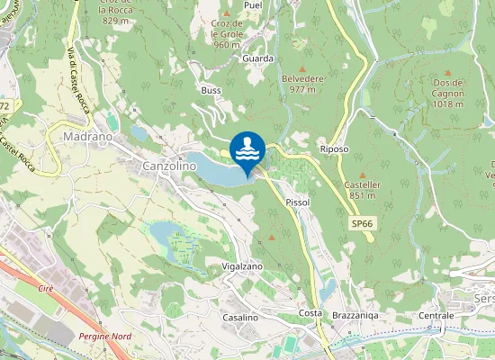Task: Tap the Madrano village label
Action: pyautogui.click(x=87, y=137)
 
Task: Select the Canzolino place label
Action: pyautogui.click(x=169, y=166)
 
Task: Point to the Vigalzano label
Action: pyautogui.click(x=242, y=267)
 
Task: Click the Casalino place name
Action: pyautogui.click(x=240, y=319)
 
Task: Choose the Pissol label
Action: pyautogui.click(x=297, y=202)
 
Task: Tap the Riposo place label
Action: pyautogui.click(x=334, y=148)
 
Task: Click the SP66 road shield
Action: pyautogui.click(x=362, y=222)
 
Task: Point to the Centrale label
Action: pyautogui.click(x=436, y=316)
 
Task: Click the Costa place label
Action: pyautogui.click(x=310, y=312)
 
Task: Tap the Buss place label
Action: pyautogui.click(x=211, y=91)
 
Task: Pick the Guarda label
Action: pyautogui.click(x=258, y=58)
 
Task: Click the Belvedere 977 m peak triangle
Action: pyautogui.click(x=302, y=68)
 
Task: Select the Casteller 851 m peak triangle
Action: pyautogui.click(x=363, y=175)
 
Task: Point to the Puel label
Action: pyautogui.click(x=252, y=4)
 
